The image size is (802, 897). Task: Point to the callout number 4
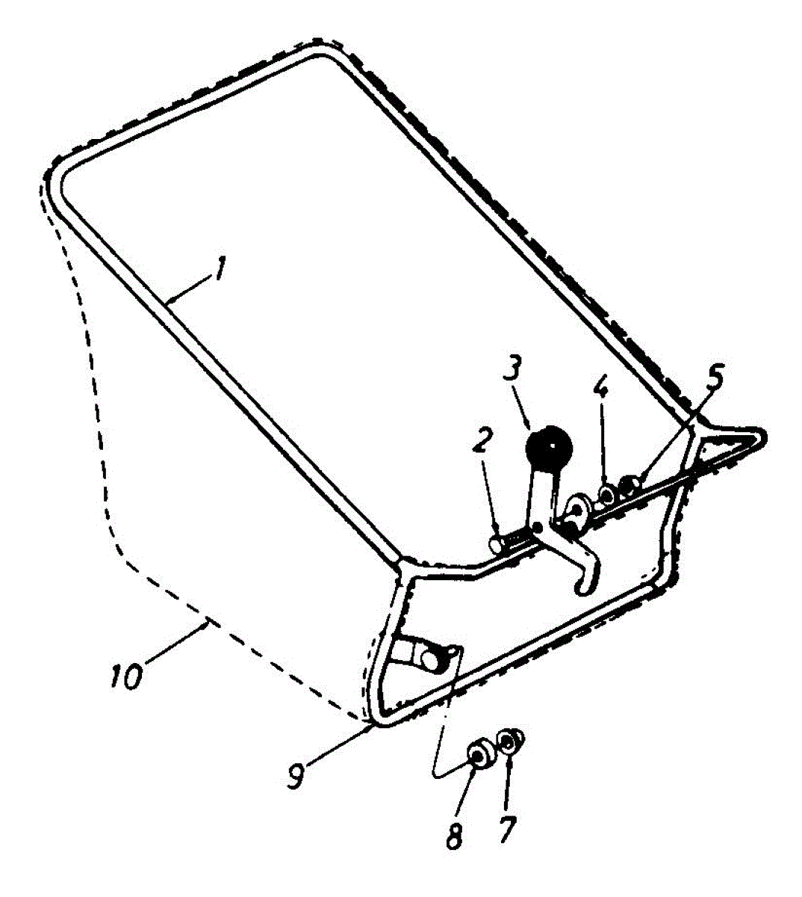click(x=601, y=389)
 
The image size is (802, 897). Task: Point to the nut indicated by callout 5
click(x=631, y=487)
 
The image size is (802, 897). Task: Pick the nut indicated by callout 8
click(x=477, y=756)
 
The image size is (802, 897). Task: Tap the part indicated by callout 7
click(x=511, y=741)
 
